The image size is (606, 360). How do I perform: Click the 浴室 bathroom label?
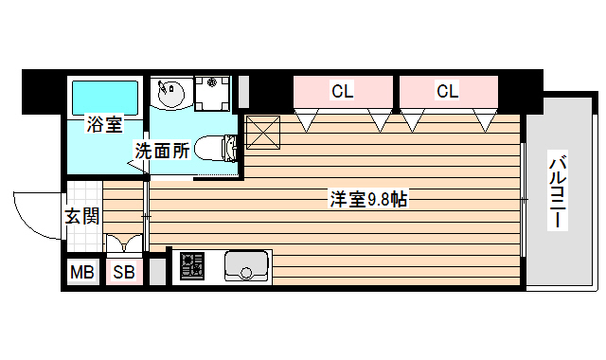[x=104, y=124]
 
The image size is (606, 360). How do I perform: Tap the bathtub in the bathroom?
[x=104, y=96]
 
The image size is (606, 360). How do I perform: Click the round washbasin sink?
[x=172, y=95]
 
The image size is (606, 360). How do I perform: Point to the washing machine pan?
[x=214, y=93]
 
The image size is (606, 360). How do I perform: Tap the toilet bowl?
[x=215, y=148]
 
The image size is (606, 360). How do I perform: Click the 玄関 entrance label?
[x=82, y=216]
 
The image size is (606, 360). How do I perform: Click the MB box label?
[x=82, y=274]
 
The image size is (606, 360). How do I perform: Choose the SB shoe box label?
[x=124, y=274]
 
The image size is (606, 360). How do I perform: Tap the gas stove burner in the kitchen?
[x=193, y=265]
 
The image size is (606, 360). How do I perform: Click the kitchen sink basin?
[x=247, y=267]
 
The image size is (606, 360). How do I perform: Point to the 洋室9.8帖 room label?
[x=368, y=200]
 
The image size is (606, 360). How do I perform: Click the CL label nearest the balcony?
[x=448, y=91]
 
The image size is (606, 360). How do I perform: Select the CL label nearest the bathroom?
[x=343, y=91]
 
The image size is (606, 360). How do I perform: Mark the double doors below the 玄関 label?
[x=124, y=243]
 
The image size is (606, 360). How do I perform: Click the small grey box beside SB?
[x=156, y=272]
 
